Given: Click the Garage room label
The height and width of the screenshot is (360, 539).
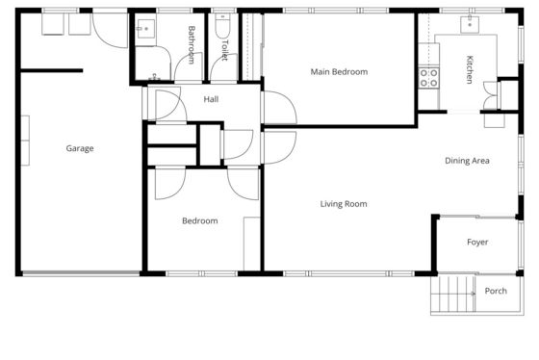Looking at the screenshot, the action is [x=80, y=148].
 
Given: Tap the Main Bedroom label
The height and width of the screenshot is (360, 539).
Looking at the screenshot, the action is [x=339, y=72].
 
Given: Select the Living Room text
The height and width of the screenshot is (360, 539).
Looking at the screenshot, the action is [x=344, y=204].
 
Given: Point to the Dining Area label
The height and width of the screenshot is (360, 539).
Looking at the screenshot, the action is [x=467, y=161].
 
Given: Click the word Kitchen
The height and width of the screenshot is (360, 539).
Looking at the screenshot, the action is [x=470, y=69].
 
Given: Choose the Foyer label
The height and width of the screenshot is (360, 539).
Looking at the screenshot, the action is [x=477, y=242].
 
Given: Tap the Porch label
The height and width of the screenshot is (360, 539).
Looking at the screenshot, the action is [x=496, y=291].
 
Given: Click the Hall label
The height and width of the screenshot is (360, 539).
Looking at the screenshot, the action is [x=211, y=99].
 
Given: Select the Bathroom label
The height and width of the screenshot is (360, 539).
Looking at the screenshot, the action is [x=192, y=45].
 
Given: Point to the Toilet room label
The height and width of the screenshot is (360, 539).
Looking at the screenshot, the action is [x=224, y=50].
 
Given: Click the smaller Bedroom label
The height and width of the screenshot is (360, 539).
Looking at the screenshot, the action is [x=200, y=220].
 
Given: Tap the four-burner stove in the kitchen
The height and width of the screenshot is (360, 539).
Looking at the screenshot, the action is [x=429, y=78].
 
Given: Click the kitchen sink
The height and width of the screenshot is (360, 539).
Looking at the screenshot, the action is [x=470, y=24].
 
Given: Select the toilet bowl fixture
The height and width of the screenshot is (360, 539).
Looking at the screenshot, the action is [x=222, y=25].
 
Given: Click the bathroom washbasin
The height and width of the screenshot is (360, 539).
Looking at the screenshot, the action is [x=145, y=29].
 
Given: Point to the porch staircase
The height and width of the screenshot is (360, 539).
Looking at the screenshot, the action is [x=453, y=294].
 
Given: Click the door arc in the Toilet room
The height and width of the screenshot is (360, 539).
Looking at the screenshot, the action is [x=223, y=67].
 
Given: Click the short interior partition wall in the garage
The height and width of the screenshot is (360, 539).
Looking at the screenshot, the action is [x=52, y=71].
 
